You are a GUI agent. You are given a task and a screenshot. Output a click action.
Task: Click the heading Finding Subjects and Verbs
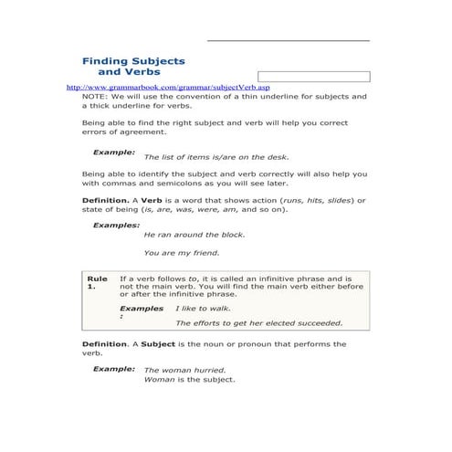pos(133,66)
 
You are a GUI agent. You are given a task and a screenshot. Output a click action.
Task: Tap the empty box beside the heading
pos(313,77)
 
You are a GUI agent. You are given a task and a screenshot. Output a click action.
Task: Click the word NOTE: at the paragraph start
pos(94,96)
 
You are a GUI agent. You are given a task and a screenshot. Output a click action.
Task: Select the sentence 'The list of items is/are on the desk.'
pos(216,157)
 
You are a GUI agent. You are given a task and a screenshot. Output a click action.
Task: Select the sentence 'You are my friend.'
pos(182,252)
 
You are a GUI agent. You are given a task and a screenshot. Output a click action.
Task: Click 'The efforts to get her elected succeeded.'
pos(258,322)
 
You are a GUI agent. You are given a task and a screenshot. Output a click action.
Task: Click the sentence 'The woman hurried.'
pos(184,370)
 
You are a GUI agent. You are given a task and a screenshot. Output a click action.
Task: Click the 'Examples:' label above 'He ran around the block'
pos(116,224)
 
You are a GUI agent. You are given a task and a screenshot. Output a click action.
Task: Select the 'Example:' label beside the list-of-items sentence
pos(114,151)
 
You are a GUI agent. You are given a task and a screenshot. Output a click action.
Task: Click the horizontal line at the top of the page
pos(288,40)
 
